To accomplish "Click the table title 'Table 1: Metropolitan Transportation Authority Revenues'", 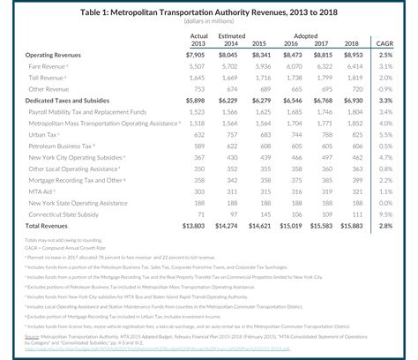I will [209, 11].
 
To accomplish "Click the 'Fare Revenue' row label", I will [48, 66].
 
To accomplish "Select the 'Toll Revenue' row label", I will [48, 79].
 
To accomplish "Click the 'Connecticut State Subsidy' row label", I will [67, 214].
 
